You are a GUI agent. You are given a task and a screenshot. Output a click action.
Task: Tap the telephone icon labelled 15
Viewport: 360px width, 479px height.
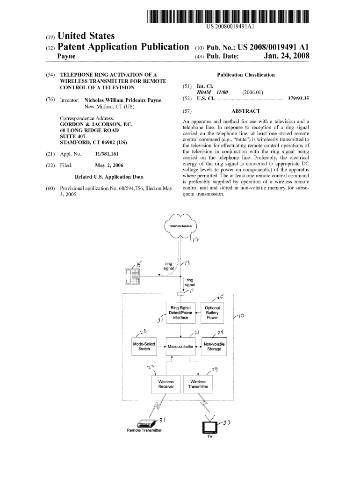(x=133, y=276)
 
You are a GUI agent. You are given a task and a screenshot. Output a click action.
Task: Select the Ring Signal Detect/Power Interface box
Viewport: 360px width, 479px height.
(x=180, y=312)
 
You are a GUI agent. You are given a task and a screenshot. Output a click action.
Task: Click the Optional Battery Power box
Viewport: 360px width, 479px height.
(x=212, y=312)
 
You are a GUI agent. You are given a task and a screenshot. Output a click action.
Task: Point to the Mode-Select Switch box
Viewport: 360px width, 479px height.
(x=144, y=347)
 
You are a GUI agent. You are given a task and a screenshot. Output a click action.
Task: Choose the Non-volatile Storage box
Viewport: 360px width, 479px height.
(x=214, y=347)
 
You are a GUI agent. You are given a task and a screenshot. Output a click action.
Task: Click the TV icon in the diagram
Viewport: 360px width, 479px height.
(x=209, y=427)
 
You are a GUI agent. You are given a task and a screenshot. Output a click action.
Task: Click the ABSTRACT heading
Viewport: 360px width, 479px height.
(x=245, y=111)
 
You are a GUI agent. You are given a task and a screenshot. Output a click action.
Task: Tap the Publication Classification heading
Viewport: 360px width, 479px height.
(x=245, y=75)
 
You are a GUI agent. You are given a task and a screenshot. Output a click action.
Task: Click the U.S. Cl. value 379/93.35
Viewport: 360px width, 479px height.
(x=299, y=99)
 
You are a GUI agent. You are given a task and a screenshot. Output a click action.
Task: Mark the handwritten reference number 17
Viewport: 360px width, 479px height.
(x=196, y=241)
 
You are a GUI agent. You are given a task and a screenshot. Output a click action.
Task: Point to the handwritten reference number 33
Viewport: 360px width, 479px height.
(x=226, y=423)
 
